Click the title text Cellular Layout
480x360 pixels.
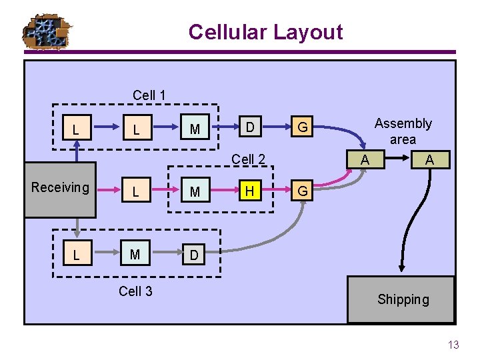(x=265, y=32)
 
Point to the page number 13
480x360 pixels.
(x=453, y=345)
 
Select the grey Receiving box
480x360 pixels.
(x=60, y=189)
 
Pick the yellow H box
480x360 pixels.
(x=249, y=191)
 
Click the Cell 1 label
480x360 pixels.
(x=149, y=95)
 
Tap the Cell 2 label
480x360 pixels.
(x=248, y=159)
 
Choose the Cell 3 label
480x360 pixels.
(x=135, y=291)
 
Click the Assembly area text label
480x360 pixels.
(x=403, y=131)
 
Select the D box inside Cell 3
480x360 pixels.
(x=193, y=255)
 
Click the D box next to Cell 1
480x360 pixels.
(x=249, y=127)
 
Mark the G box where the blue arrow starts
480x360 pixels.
(x=302, y=127)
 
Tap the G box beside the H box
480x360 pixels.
(x=302, y=191)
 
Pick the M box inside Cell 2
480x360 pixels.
(x=195, y=192)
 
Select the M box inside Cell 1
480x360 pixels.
(x=195, y=128)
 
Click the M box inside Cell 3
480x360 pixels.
(x=135, y=255)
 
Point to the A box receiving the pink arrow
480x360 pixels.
(x=364, y=160)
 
